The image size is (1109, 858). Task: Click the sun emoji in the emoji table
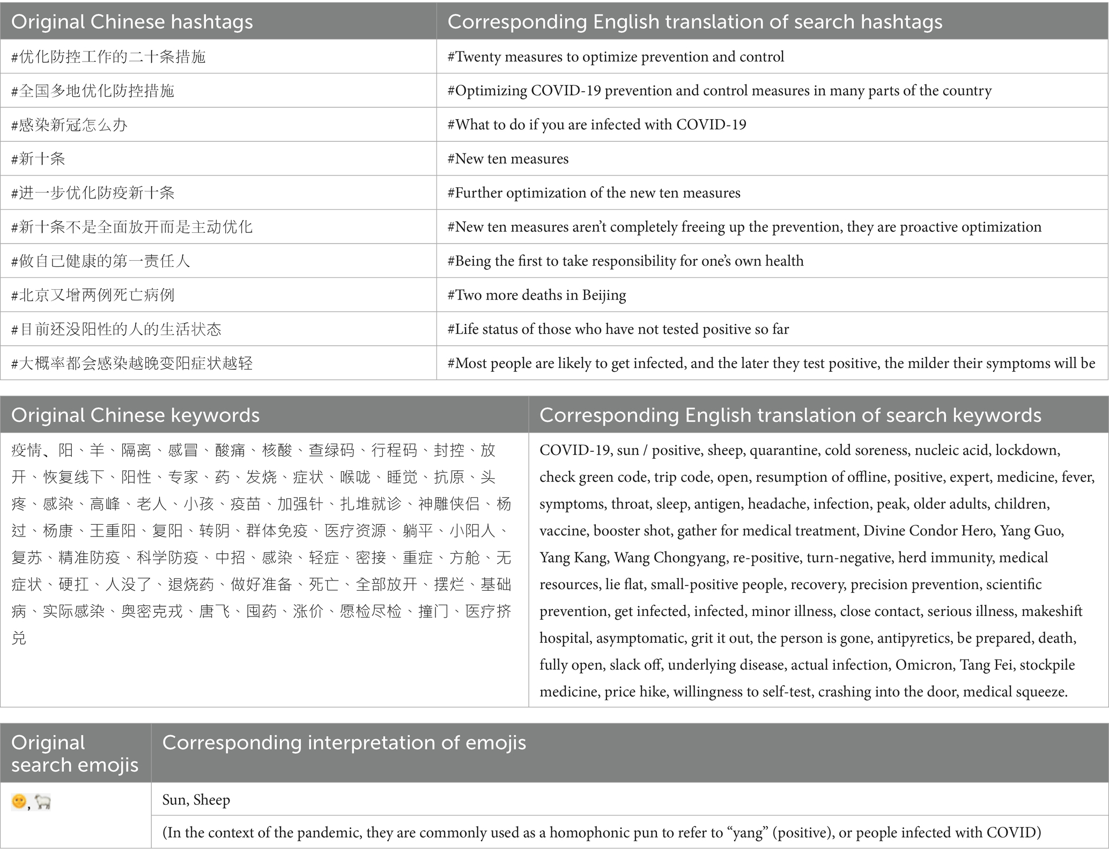click(19, 802)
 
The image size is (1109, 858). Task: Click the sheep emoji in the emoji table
click(42, 802)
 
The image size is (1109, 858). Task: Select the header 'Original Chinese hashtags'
click(132, 21)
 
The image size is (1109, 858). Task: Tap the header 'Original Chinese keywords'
click(135, 415)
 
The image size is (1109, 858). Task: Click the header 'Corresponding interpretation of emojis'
click(344, 743)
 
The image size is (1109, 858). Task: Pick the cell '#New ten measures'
click(508, 159)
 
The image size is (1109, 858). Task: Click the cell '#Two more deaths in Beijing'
click(537, 295)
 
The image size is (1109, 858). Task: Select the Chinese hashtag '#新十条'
click(38, 159)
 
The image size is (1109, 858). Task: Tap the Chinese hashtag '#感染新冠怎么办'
click(69, 125)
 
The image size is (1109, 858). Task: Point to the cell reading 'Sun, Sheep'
click(196, 800)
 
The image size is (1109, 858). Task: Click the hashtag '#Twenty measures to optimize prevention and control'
click(616, 57)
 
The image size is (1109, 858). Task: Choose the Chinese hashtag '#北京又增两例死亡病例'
click(93, 295)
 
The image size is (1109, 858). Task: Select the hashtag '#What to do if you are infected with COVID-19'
click(597, 125)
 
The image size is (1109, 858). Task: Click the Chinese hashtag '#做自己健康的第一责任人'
click(101, 261)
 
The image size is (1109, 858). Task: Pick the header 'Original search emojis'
click(75, 753)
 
